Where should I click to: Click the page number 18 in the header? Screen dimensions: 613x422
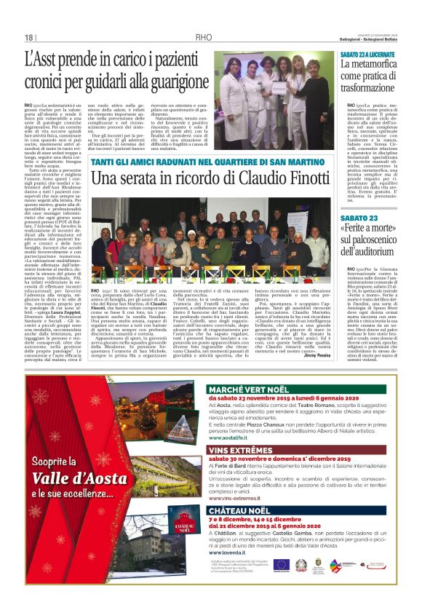(x=29, y=38)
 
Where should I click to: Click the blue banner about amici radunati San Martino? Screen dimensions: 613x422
(x=209, y=162)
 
